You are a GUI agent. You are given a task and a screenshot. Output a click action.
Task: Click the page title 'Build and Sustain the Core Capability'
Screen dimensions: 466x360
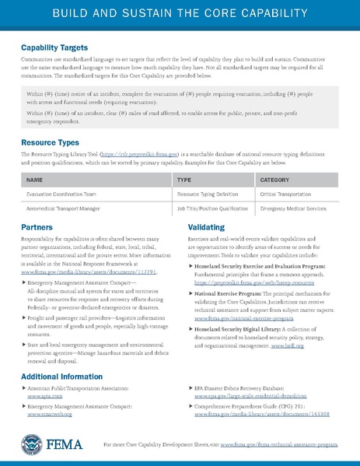pos(180,15)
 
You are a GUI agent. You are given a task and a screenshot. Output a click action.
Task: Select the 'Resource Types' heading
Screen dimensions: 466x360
pos(50,143)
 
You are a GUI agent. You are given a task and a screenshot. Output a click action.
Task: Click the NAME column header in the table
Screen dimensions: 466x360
pos(34,180)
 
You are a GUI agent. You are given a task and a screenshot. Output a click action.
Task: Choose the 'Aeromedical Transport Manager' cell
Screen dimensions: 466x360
pos(66,210)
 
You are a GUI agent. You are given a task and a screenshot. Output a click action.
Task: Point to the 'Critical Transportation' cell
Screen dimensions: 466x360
pos(291,194)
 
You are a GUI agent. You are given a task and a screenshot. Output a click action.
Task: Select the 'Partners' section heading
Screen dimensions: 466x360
pos(37,227)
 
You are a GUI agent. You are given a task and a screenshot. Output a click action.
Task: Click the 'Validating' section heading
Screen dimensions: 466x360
pos(207,227)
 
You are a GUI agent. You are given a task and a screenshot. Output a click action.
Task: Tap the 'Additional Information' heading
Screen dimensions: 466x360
pos(61,377)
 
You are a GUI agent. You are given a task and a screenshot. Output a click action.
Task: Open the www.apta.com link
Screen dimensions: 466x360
pos(40,396)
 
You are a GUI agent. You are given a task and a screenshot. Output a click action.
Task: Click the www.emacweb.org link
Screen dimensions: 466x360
pos(47,415)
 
